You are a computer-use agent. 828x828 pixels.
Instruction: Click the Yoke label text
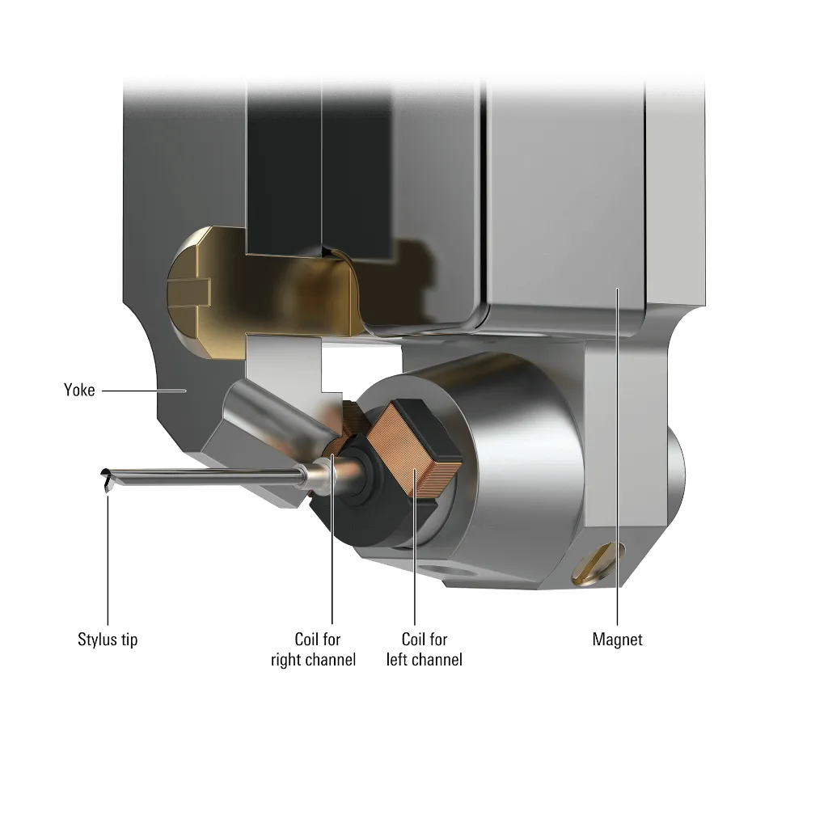pyautogui.click(x=79, y=390)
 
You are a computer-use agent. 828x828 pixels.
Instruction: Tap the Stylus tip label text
pyautogui.click(x=108, y=640)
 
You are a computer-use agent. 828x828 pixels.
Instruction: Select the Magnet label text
pyautogui.click(x=617, y=640)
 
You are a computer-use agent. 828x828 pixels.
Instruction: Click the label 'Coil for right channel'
pyautogui.click(x=313, y=649)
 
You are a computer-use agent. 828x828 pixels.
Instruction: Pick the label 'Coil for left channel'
pyautogui.click(x=424, y=649)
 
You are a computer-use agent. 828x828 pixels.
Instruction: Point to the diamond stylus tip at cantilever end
pyautogui.click(x=108, y=483)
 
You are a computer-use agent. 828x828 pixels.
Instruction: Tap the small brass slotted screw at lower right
pyautogui.click(x=598, y=564)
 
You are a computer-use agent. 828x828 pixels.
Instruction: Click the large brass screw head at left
pyautogui.click(x=209, y=293)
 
